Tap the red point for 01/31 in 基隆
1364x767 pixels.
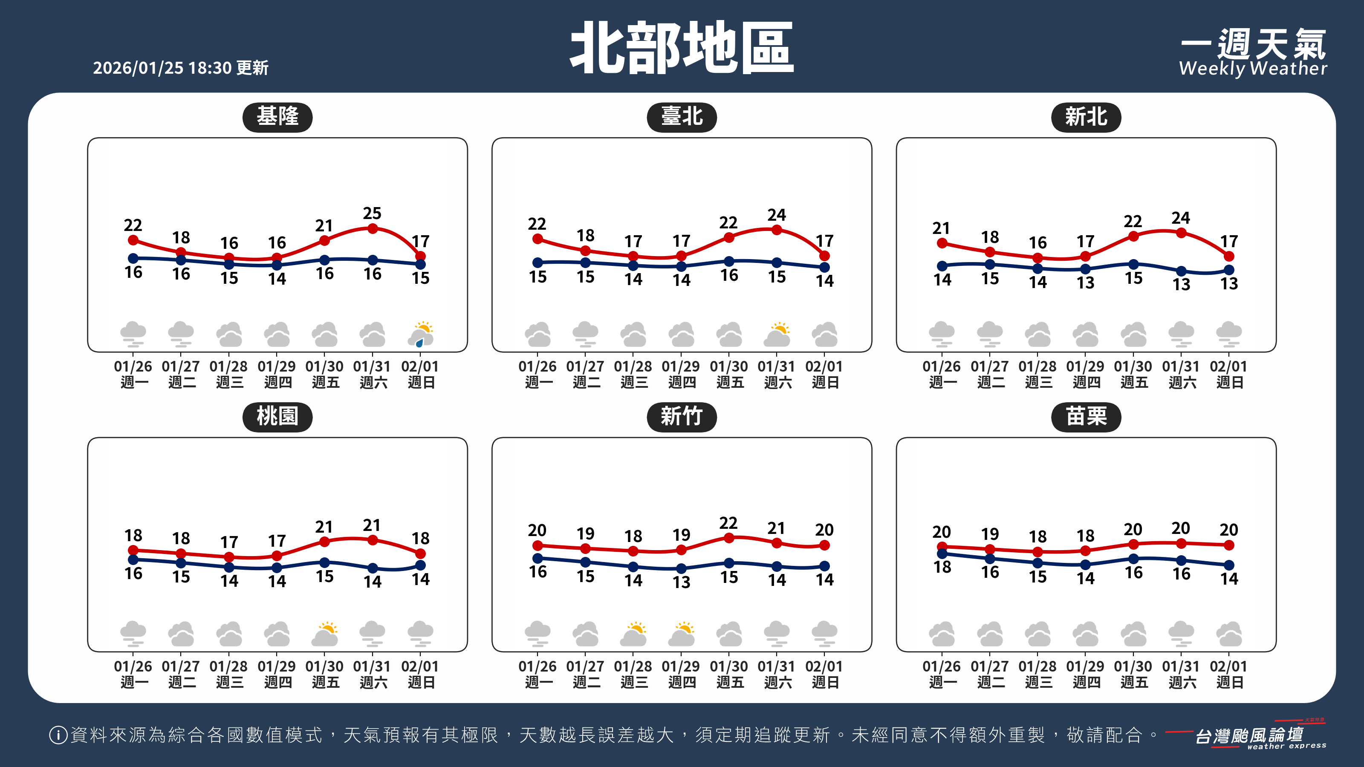click(x=373, y=229)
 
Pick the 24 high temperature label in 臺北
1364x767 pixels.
click(x=777, y=215)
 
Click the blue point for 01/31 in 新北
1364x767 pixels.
click(x=1181, y=271)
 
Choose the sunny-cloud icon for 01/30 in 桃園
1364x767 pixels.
click(x=324, y=634)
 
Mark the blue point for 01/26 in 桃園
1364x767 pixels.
click(x=133, y=559)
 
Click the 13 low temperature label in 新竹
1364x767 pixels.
click(x=682, y=582)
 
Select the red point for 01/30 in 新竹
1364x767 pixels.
click(x=729, y=538)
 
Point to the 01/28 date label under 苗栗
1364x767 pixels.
click(x=1037, y=666)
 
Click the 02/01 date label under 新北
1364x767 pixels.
click(x=1228, y=367)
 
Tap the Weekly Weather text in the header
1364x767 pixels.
click(x=1253, y=68)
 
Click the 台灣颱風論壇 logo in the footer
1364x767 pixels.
click(x=1250, y=736)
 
